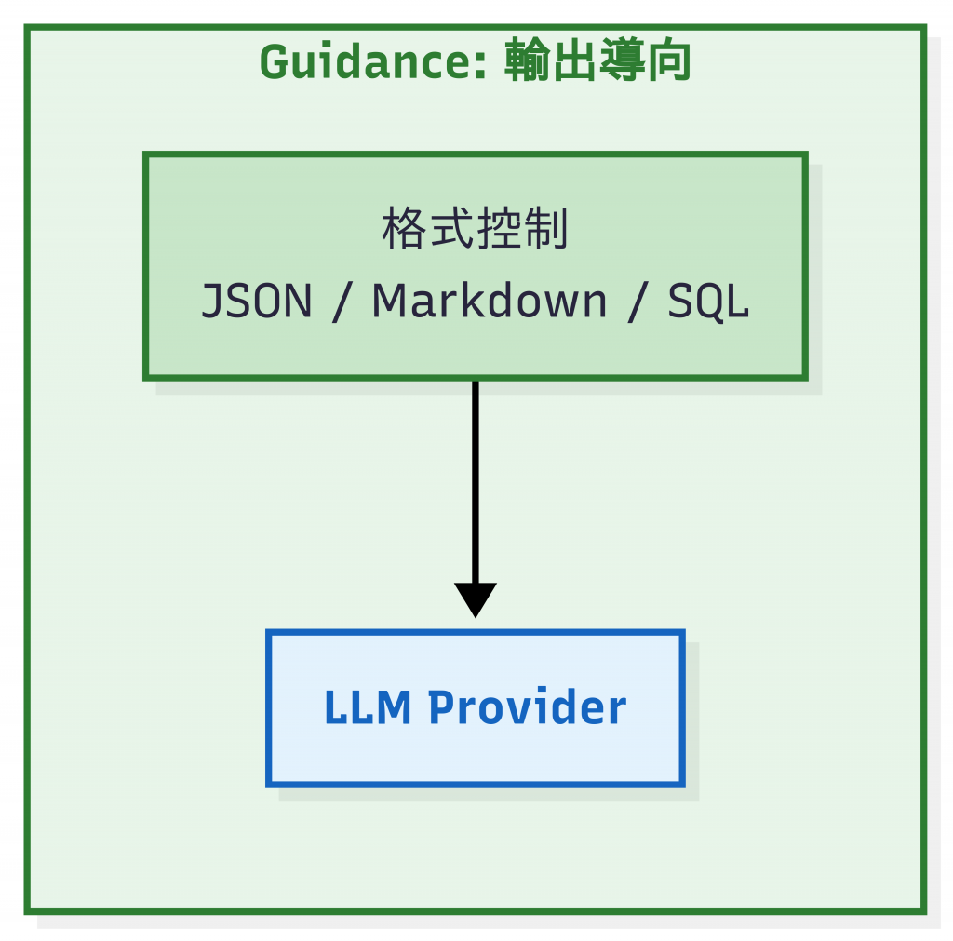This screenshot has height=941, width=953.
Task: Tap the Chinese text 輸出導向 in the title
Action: [597, 63]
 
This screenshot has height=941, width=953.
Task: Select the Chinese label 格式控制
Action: [475, 230]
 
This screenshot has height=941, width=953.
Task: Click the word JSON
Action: [257, 302]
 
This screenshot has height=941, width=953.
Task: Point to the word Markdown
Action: [490, 302]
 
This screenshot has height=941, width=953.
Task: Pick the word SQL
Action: [708, 302]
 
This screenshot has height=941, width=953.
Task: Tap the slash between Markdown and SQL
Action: [638, 302]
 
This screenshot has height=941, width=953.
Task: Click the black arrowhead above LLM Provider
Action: [475, 598]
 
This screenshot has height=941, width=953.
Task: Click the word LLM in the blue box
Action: [367, 708]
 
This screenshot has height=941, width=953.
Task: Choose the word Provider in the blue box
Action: [527, 708]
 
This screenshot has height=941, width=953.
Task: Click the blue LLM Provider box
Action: [475, 754]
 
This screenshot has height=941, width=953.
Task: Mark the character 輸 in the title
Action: [528, 63]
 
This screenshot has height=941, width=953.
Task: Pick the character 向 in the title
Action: [668, 63]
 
